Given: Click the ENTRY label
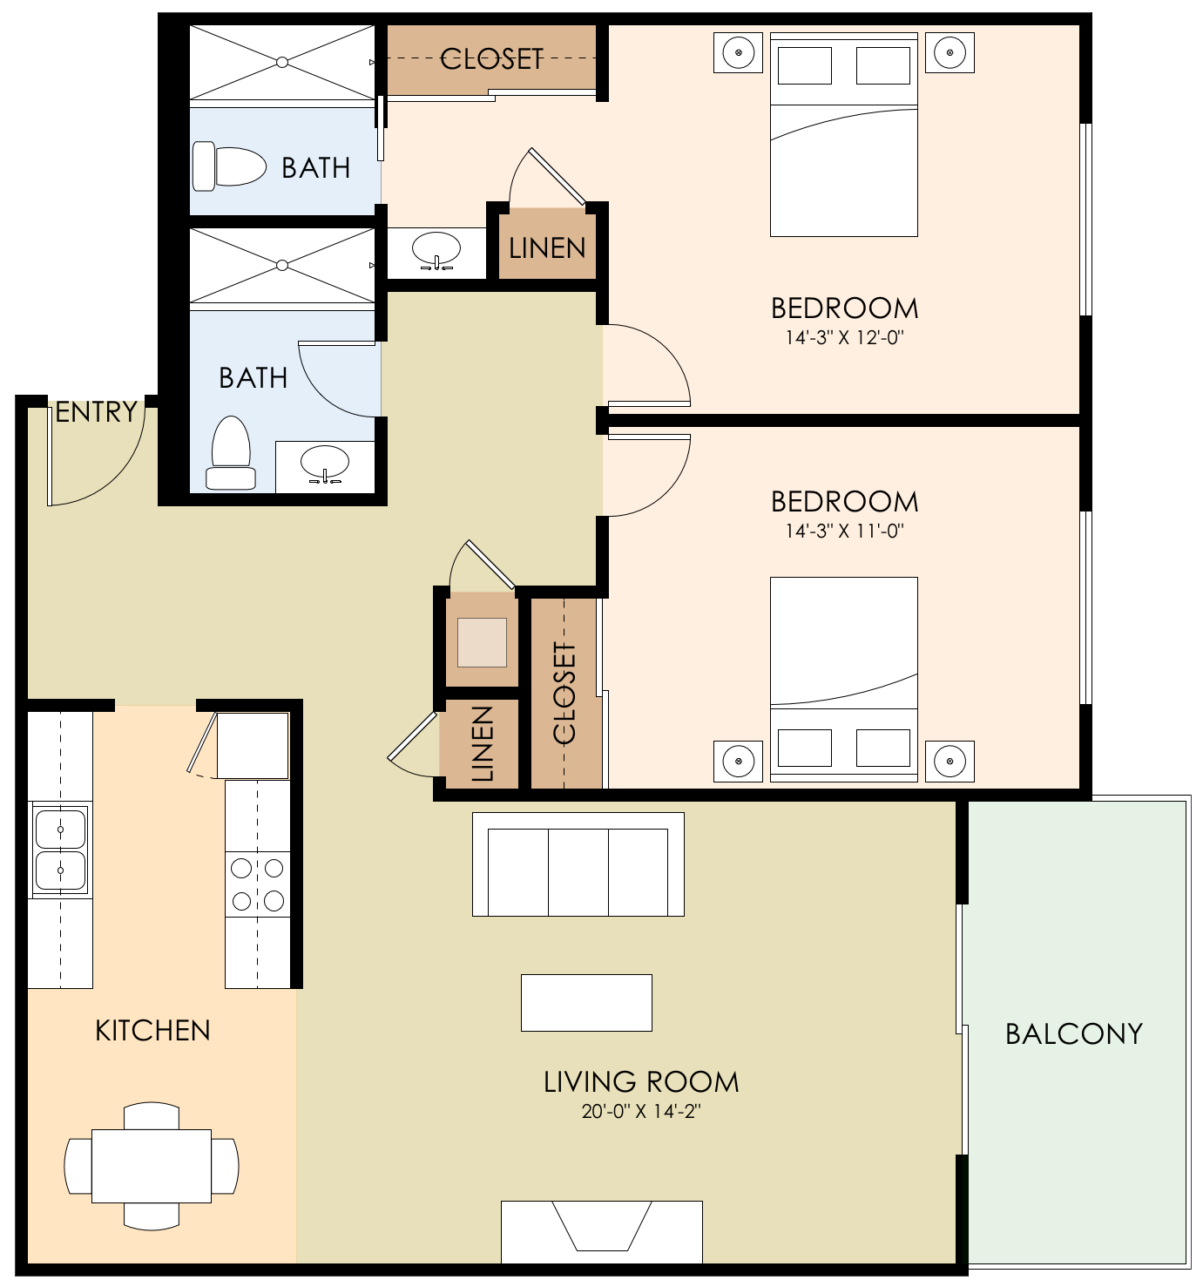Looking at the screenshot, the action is point(97,412).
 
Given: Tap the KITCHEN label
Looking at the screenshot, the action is point(153,1030).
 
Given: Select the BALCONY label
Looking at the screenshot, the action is point(1074,1034).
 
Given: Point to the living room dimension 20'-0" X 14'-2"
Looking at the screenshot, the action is point(641,1111).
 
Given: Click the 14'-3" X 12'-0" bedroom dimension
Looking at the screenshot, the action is point(845,337).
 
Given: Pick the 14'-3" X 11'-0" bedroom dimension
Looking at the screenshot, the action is point(845,531).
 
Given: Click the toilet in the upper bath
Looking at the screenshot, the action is point(229,166).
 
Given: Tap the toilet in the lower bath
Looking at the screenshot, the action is point(231,452).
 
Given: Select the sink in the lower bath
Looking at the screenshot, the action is point(325,464).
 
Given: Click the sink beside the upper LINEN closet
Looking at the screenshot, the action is point(436,249).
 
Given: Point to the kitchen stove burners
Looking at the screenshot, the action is point(257,884).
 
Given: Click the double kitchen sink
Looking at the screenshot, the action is point(60,849).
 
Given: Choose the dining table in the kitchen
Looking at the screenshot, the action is point(152,1166).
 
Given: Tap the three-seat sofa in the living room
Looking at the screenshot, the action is point(578,864).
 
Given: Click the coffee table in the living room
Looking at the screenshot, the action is point(586,1003).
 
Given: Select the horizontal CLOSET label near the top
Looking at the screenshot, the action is point(492,59).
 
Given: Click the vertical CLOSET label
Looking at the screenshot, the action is point(564,693).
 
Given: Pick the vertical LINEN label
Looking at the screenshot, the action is point(483,743).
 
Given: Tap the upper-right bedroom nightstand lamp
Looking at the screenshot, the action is point(950,52).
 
